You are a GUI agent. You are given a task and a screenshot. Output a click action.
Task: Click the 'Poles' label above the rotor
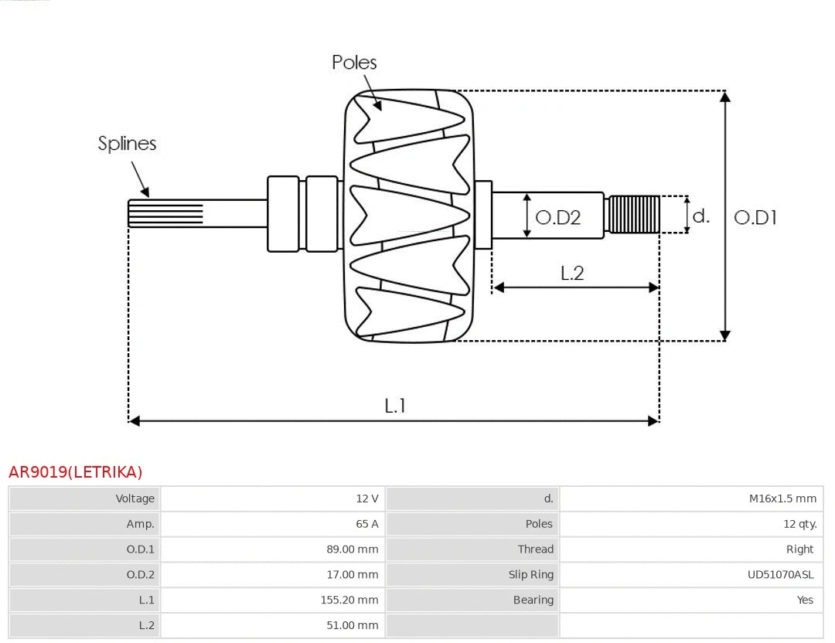pyautogui.click(x=354, y=62)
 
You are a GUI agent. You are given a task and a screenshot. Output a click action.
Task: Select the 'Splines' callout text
pyautogui.click(x=127, y=143)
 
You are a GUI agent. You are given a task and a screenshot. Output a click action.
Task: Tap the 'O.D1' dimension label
pyautogui.click(x=755, y=217)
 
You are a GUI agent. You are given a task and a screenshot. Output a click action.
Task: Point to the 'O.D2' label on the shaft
pyautogui.click(x=557, y=217)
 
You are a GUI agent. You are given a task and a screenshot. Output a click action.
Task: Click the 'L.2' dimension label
pyautogui.click(x=572, y=272)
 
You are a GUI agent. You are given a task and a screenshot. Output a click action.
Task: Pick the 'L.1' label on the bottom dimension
pyautogui.click(x=395, y=405)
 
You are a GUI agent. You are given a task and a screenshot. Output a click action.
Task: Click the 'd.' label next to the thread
pyautogui.click(x=700, y=216)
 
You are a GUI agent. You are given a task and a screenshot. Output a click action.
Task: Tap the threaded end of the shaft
pyautogui.click(x=634, y=214)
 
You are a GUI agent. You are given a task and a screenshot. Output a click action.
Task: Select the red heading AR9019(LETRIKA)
pyautogui.click(x=76, y=472)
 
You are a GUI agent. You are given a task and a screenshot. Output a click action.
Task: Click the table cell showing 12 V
pyautogui.click(x=367, y=498)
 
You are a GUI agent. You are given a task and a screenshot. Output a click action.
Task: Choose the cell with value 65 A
pyautogui.click(x=367, y=524)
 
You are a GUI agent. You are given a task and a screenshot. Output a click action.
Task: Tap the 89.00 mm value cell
pyautogui.click(x=353, y=549)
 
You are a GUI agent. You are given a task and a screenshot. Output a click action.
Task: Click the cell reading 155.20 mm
pyautogui.click(x=349, y=600)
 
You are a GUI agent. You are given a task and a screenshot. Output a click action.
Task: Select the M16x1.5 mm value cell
pyautogui.click(x=782, y=498)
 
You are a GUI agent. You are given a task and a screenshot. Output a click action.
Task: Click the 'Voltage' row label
pyautogui.click(x=135, y=498)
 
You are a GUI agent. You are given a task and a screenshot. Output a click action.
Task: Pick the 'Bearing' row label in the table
pyautogui.click(x=533, y=600)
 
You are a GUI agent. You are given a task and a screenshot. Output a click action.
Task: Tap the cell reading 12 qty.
pyautogui.click(x=799, y=524)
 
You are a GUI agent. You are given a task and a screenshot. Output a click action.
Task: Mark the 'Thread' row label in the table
pyautogui.click(x=536, y=549)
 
